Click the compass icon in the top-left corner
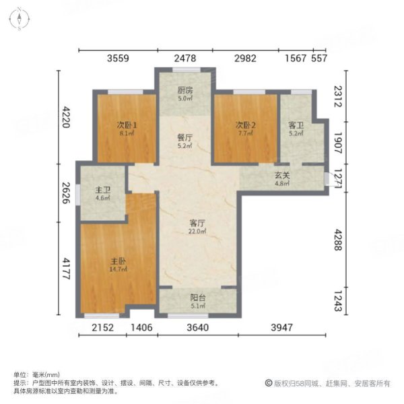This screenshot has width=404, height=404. (21, 18)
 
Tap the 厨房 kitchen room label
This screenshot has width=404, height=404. (185, 90)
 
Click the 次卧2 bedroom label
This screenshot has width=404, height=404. (244, 125)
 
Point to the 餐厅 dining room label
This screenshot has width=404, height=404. (185, 137)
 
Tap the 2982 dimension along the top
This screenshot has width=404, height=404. (245, 59)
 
